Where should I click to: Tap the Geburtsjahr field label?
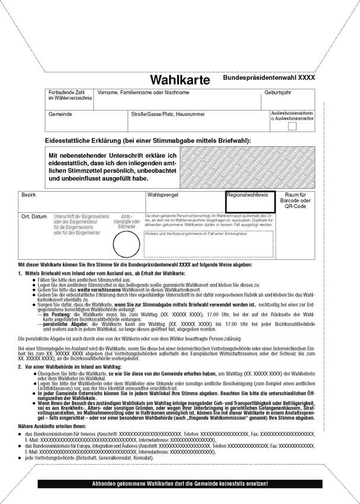pos(278,92)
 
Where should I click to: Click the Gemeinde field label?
pos(61,114)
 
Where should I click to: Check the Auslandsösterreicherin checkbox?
pos(292,126)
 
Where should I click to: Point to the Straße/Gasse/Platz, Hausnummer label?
pos(168,114)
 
